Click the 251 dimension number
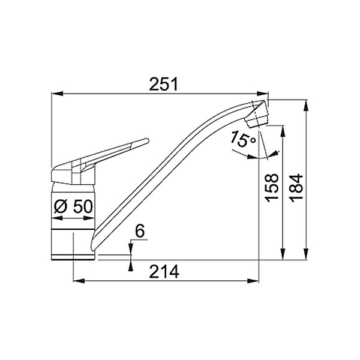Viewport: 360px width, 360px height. pos(163,84)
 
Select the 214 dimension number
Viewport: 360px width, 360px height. pos(164,272)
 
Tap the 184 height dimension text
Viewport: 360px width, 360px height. pos(296,188)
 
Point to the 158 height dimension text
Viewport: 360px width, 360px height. pos(272,188)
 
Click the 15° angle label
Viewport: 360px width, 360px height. pos(242,139)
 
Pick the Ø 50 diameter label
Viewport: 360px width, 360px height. pos(73,206)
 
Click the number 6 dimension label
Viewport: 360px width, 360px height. pos(140,231)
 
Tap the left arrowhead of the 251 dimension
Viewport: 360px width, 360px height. pos(57,94)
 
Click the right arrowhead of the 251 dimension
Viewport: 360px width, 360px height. pos(262,94)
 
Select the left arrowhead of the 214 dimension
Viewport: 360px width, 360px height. pos(79,281)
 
